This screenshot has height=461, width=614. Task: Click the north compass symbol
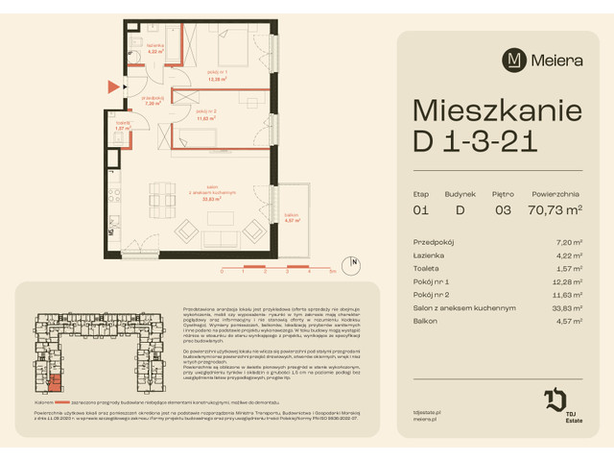[x=354, y=263]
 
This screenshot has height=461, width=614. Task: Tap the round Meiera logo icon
[x=515, y=60]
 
